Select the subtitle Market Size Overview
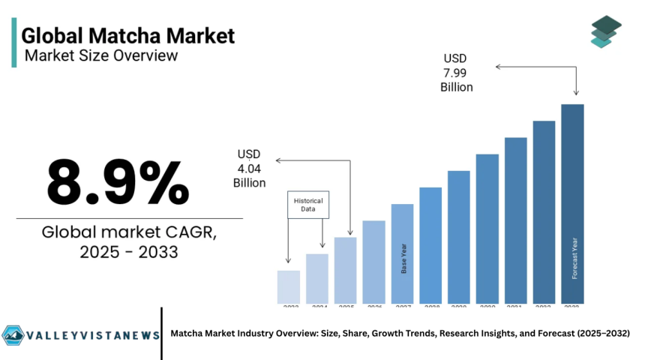[x=101, y=55]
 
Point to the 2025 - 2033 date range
[x=129, y=252]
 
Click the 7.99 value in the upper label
[x=456, y=72]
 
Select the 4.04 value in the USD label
[x=249, y=169]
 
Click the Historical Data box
[x=309, y=205]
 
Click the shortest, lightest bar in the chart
[x=289, y=286]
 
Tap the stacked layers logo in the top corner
[x=606, y=31]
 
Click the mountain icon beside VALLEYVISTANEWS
[x=13, y=334]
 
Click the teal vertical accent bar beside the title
[x=13, y=43]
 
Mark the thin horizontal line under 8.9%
[x=129, y=218]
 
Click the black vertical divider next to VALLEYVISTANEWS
[x=161, y=333]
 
